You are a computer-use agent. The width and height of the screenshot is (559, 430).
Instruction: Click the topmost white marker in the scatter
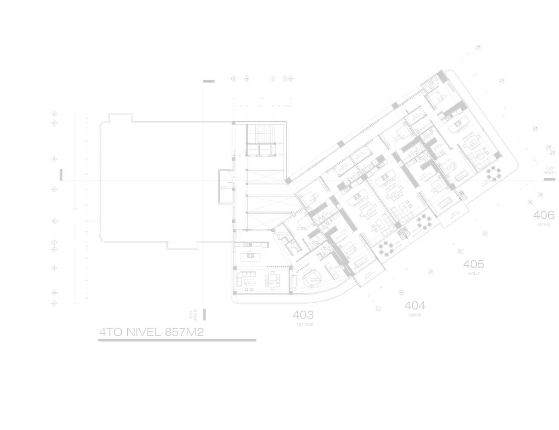[430, 89]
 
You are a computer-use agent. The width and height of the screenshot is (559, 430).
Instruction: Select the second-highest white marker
[439, 101]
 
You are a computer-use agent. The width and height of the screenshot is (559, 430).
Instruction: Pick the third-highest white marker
[414, 119]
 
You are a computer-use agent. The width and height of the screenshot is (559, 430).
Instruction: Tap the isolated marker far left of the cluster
[222, 188]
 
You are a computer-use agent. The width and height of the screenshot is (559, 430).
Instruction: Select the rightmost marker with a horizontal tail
[483, 186]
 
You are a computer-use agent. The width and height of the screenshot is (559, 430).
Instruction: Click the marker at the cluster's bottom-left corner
[246, 284]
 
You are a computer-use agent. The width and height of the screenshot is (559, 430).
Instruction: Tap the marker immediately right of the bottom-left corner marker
[269, 283]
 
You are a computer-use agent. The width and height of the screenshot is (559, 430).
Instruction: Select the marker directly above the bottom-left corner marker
[246, 254]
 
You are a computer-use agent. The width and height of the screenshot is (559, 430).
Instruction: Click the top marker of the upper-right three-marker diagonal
[458, 131]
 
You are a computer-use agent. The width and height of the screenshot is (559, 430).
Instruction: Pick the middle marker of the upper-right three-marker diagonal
[471, 145]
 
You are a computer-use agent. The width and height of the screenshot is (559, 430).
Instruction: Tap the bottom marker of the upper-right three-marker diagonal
[477, 157]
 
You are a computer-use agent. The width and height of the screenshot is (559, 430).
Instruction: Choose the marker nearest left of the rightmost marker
[459, 181]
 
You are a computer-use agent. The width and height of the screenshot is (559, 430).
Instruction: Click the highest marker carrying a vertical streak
[340, 170]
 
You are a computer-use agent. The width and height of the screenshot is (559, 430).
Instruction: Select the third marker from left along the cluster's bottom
[312, 281]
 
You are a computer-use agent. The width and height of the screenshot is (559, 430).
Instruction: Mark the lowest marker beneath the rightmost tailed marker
[451, 218]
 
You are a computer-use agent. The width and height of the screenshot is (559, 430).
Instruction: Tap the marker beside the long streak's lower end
[372, 230]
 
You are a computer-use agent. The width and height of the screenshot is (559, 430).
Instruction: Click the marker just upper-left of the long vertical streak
[355, 204]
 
